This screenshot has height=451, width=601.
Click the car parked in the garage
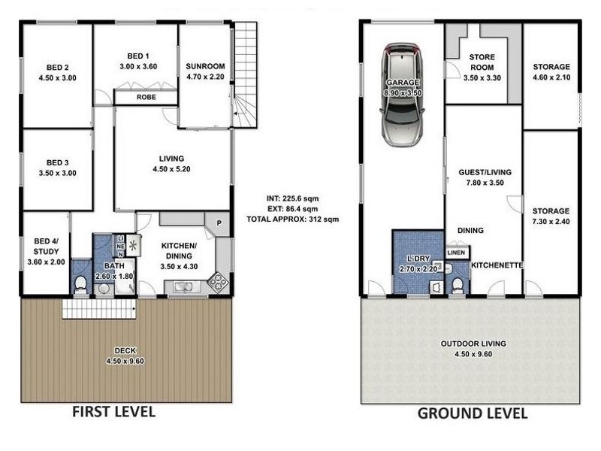coord(402,95)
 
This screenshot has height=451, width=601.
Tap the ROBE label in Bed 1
coord(146,98)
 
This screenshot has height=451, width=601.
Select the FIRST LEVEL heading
coord(114,411)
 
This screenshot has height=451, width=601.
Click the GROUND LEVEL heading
coord(473,413)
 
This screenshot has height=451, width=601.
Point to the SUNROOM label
coord(205,66)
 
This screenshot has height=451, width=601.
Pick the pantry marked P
coord(219,222)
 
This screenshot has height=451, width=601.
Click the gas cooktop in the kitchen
coord(219,282)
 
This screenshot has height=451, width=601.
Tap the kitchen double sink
coord(184,286)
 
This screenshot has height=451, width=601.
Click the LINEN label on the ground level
coord(456,253)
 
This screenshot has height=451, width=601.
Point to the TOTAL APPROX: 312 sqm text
coord(293,219)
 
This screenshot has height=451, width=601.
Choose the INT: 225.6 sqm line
coord(293,198)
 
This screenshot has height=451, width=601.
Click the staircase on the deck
coord(99,309)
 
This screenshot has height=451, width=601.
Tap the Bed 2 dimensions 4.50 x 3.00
coord(58,78)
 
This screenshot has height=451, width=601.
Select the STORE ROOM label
coord(482,62)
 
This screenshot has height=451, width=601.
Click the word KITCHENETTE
coord(497,265)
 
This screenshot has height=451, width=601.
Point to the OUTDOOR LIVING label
coord(473,344)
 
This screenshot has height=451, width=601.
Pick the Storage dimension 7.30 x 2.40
coord(551,221)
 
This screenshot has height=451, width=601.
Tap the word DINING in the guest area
coord(470,231)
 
